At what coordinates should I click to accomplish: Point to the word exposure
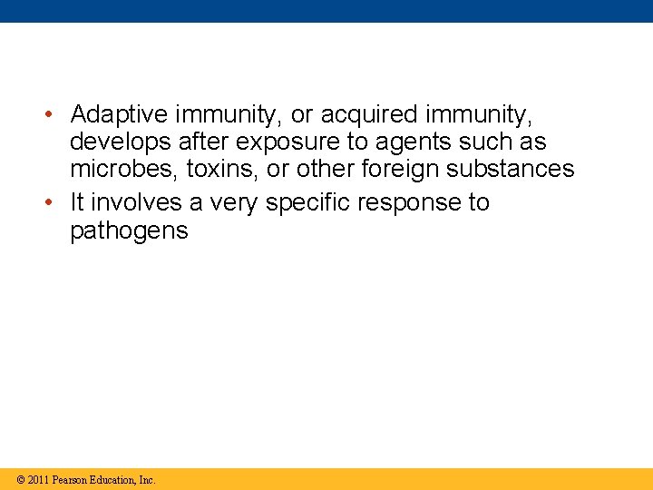284,142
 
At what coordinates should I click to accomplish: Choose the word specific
307,203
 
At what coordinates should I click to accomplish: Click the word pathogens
129,231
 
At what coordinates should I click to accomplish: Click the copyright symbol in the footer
21,480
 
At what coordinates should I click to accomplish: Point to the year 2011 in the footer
38,480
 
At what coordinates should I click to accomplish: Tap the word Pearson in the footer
70,480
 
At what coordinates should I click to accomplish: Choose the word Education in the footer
113,480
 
